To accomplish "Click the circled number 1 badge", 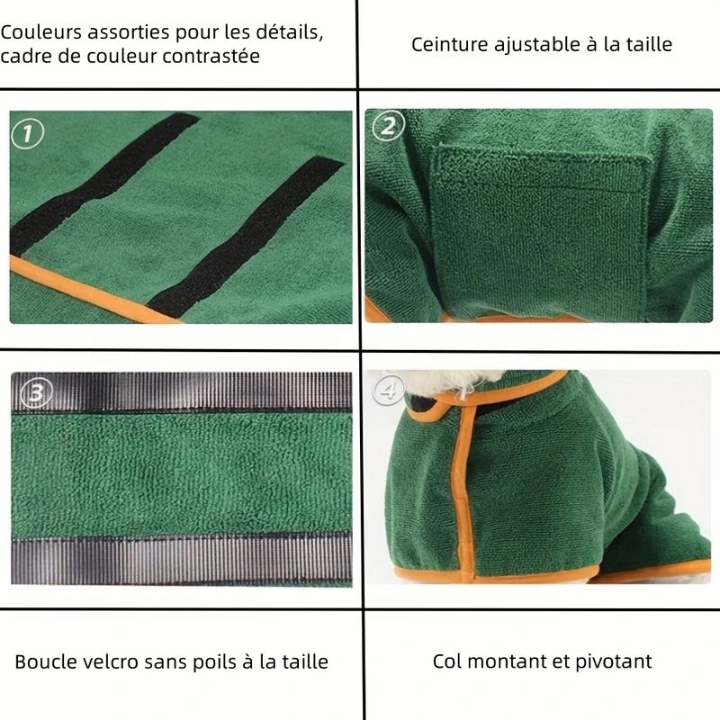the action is click(28, 133).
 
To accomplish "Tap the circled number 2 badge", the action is click(388, 126).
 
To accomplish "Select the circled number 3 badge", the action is click(36, 392).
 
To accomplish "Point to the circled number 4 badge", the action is click(389, 390).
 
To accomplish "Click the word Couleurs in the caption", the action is click(40, 32).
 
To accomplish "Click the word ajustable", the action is click(536, 45).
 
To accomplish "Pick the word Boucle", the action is click(46, 661).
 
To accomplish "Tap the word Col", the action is click(447, 661).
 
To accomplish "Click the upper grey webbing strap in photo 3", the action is click(182, 392).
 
